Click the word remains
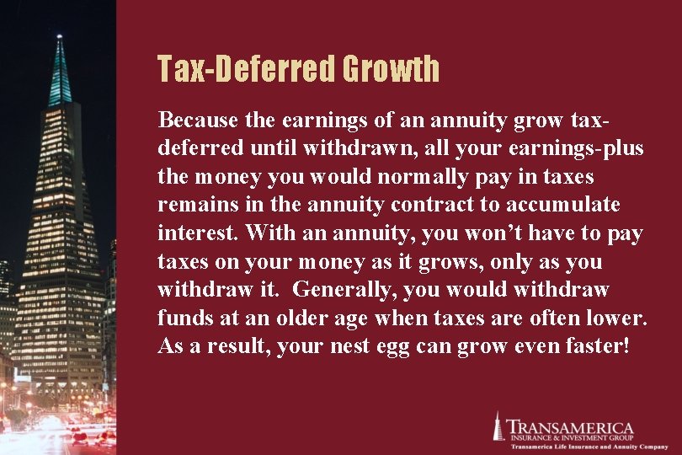(192, 205)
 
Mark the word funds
(180, 318)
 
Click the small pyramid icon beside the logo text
(498, 426)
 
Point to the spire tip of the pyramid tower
(60, 38)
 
